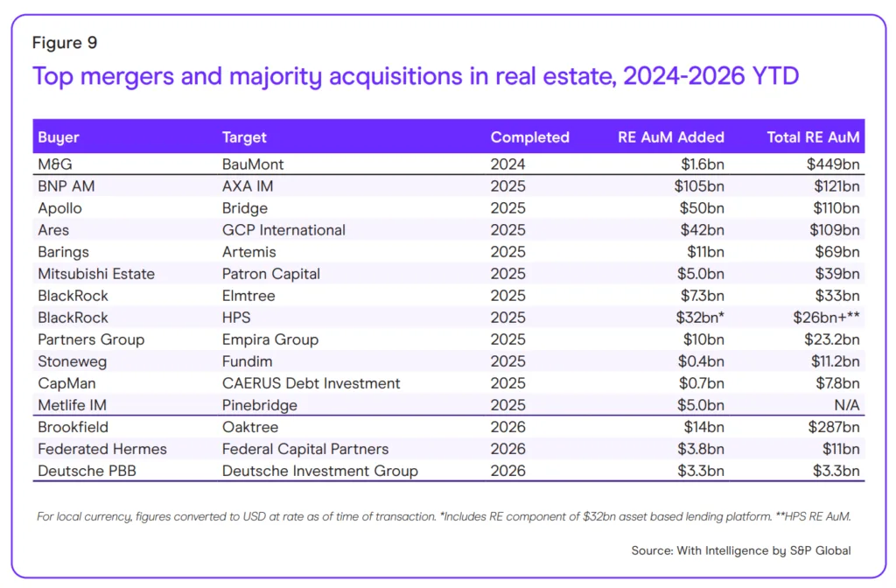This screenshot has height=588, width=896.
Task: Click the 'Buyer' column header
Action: pos(59,137)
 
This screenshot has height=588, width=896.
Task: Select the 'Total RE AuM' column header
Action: pos(813,137)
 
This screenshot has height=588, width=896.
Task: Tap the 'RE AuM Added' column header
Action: pos(670,137)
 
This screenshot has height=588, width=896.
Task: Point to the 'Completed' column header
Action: pos(529,137)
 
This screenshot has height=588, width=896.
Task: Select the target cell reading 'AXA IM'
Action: pos(246,186)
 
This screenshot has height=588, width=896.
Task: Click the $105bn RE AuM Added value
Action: pos(698,186)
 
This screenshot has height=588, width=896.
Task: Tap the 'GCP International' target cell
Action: pos(283,230)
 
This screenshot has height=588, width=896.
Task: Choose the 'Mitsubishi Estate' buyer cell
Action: pos(96,274)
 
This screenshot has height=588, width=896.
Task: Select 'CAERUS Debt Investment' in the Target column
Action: pos(311,383)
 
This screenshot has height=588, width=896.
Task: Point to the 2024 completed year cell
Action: pos(508,164)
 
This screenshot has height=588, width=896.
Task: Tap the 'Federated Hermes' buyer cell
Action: pos(102,449)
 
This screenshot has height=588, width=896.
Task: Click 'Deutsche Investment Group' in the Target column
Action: pos(319,471)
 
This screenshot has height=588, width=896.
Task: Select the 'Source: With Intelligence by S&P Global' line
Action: pos(740,550)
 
